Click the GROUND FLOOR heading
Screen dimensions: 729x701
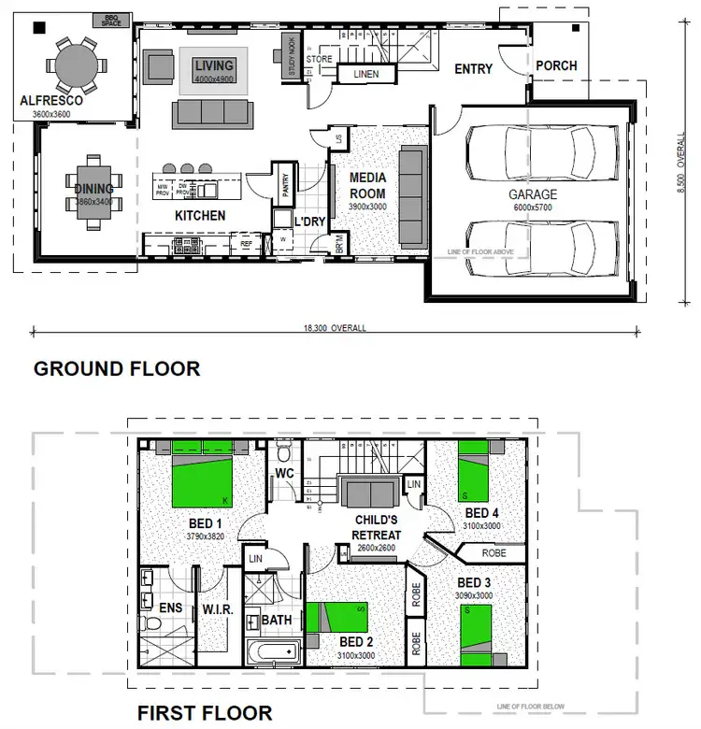tap(117, 368)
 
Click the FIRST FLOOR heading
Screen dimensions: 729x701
tap(205, 713)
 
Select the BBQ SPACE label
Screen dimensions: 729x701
tap(112, 20)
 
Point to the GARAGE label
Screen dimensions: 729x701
tap(533, 195)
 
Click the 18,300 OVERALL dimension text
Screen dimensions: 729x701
tap(335, 329)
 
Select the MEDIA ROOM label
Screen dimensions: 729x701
tap(367, 185)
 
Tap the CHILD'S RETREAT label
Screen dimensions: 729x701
tap(378, 527)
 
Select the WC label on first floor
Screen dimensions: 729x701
tap(285, 474)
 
